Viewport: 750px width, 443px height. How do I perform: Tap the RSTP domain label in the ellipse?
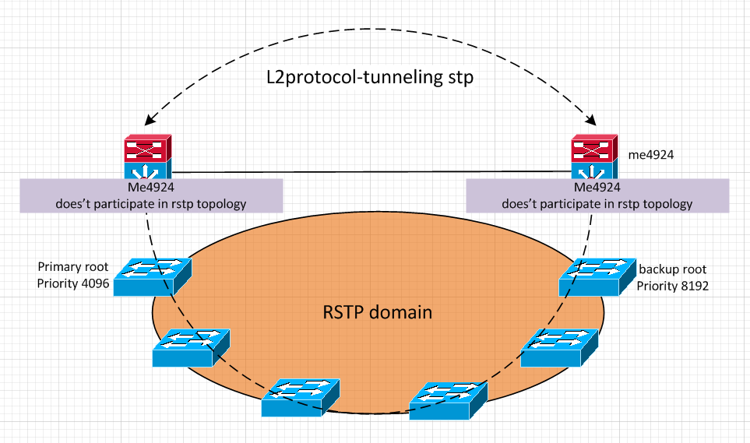(x=377, y=313)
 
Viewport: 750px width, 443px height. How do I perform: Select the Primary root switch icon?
(x=152, y=276)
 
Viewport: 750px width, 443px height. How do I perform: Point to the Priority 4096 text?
(x=72, y=283)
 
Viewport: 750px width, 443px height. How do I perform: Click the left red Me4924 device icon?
(x=146, y=149)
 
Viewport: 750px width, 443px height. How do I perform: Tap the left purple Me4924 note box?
(x=150, y=195)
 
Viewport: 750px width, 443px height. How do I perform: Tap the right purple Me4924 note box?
(x=597, y=195)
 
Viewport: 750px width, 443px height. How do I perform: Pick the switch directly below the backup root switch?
(x=559, y=347)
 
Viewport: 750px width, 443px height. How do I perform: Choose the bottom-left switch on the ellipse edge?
(x=301, y=398)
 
